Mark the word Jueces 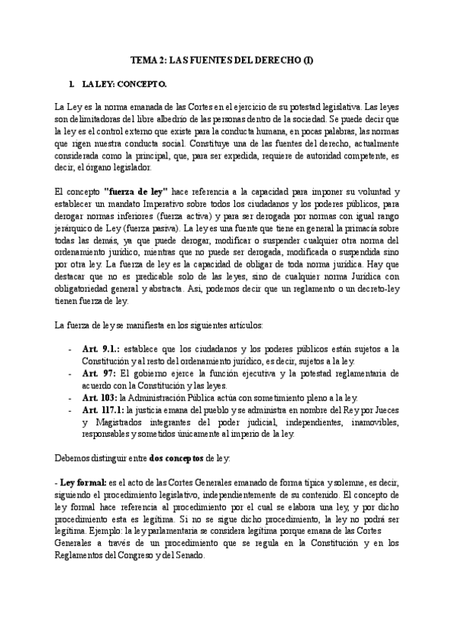point(384,411)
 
